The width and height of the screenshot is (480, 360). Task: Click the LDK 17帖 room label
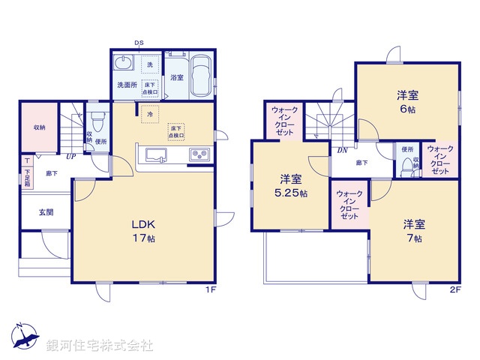(145, 230)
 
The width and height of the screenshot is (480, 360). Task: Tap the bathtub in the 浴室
(199, 78)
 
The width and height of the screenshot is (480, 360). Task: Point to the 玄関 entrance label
(46, 212)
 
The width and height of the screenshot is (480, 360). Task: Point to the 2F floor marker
(454, 289)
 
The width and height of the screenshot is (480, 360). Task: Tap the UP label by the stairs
(70, 156)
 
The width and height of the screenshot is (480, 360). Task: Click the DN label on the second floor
(341, 151)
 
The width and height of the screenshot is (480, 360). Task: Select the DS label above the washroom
(139, 43)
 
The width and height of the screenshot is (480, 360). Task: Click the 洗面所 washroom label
(127, 85)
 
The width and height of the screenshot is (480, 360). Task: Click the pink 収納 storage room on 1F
(40, 128)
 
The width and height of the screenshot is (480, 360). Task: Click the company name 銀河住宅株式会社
(100, 345)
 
